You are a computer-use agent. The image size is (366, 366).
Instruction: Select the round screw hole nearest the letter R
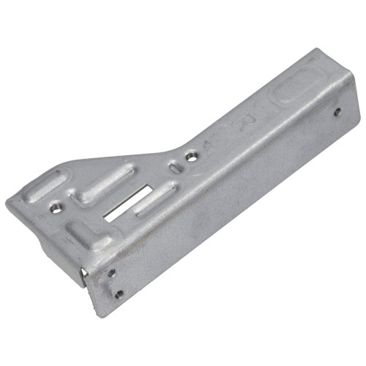click(192, 157)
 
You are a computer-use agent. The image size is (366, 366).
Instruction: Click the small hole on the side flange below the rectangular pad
click(337, 111)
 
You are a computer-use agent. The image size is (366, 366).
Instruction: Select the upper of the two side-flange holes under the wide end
click(112, 272)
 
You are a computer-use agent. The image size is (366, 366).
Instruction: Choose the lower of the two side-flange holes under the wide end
click(119, 294)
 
